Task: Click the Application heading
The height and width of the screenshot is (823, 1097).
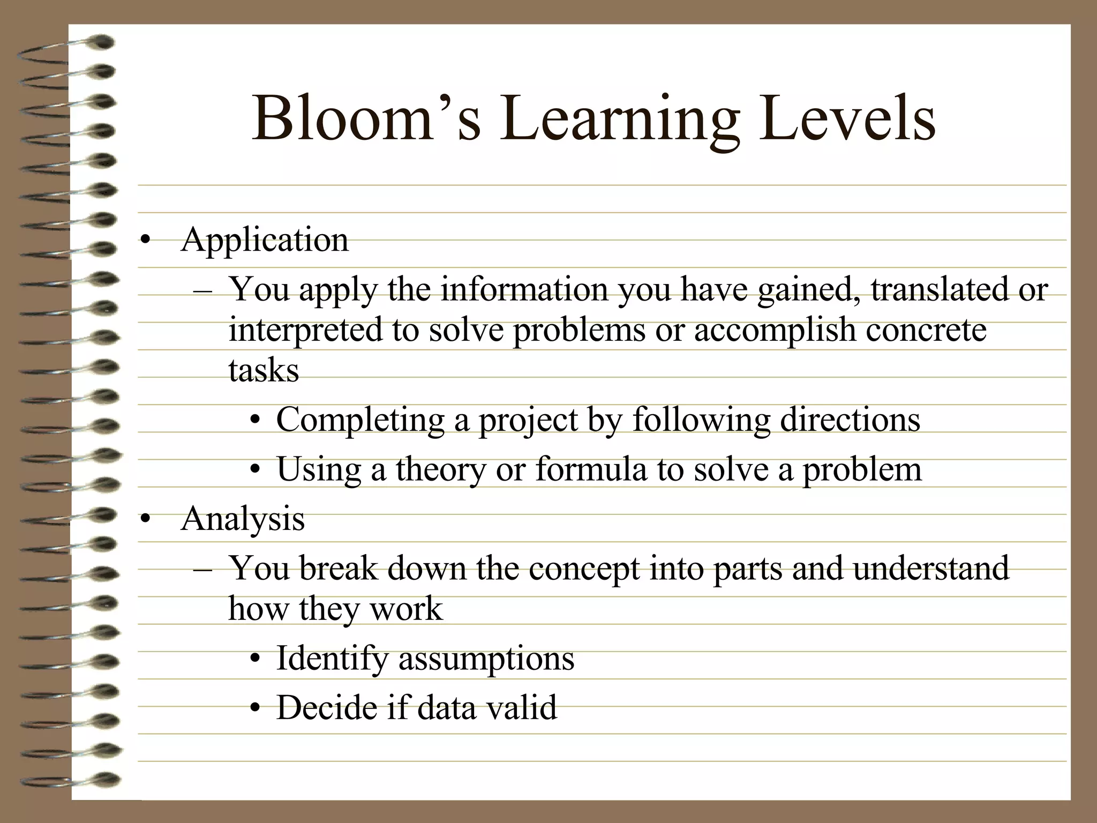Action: pyautogui.click(x=265, y=241)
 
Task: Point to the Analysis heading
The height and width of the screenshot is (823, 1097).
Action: pyautogui.click(x=243, y=519)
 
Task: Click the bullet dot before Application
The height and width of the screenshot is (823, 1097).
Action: pyautogui.click(x=145, y=241)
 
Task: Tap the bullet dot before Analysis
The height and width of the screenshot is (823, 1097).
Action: pyautogui.click(x=145, y=520)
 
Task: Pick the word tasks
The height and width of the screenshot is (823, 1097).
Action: pyautogui.click(x=264, y=371)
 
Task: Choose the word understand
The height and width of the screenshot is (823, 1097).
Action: pyautogui.click(x=931, y=568)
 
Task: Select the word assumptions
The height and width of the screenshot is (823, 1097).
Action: pyautogui.click(x=486, y=659)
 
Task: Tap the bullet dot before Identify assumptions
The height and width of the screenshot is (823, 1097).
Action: pyautogui.click(x=256, y=660)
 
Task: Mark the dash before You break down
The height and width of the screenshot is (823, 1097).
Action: pyautogui.click(x=203, y=569)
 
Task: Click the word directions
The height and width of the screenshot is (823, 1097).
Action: pyautogui.click(x=850, y=420)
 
